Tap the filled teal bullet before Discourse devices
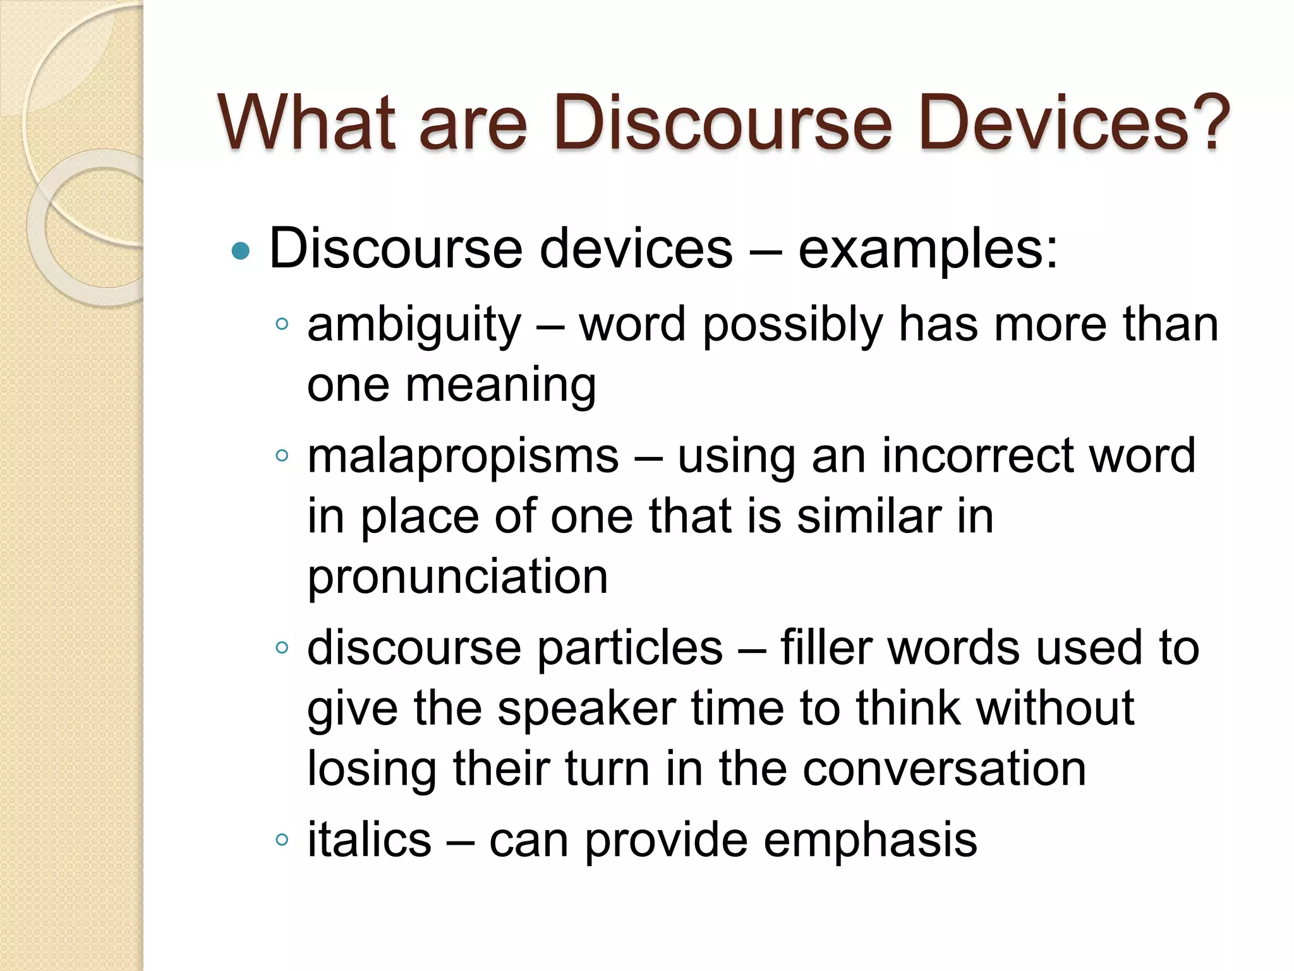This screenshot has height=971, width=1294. pyautogui.click(x=241, y=252)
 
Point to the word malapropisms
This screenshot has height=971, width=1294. pyautogui.click(x=463, y=456)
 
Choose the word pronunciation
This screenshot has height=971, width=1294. pyautogui.click(x=457, y=576)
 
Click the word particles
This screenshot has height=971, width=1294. pyautogui.click(x=629, y=649)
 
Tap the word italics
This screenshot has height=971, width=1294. pyautogui.click(x=369, y=840)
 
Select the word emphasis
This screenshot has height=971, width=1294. pyautogui.click(x=870, y=841)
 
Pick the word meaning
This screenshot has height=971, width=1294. pyautogui.click(x=500, y=386)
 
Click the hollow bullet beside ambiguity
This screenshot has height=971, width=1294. pyautogui.click(x=282, y=324)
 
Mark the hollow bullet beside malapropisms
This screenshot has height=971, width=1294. pyautogui.click(x=282, y=455)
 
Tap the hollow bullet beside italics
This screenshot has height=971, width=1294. pyautogui.click(x=282, y=840)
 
